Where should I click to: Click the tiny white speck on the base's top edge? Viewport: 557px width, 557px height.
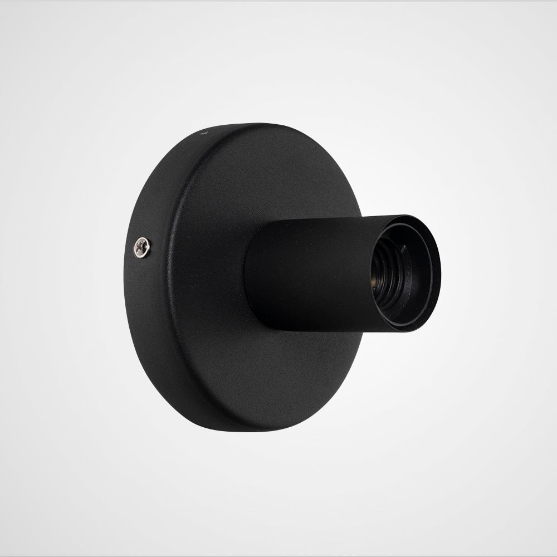(203, 134)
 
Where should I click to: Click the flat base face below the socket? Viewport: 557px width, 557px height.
(278, 368)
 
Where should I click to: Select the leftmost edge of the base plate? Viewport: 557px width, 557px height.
(124, 278)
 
